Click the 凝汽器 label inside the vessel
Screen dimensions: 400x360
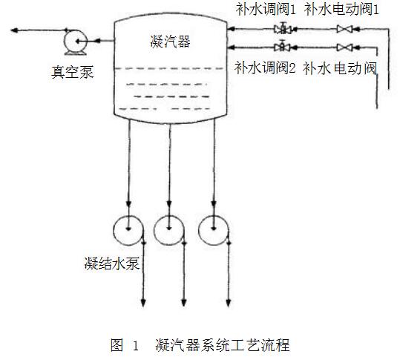coord(171,42)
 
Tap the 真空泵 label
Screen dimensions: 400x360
coord(73,72)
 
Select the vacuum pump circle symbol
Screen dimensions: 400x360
coord(76,41)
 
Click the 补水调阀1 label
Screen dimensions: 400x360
coord(266,10)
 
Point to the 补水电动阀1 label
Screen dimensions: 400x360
coord(341,10)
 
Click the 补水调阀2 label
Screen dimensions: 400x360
coord(266,68)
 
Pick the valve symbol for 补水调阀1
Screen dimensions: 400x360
coord(283,28)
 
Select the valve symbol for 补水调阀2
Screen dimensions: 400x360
coord(282,46)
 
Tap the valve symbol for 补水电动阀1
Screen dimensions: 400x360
coord(344,29)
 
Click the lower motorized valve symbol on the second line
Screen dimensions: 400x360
coord(344,48)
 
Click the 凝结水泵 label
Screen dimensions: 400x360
coord(112,264)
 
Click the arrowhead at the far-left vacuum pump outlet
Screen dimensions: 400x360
coord(14,30)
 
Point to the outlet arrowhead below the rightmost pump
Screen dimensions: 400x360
coord(229,303)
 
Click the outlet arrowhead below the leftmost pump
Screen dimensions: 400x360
coord(143,303)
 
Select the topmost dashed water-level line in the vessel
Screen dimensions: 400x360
coord(169,68)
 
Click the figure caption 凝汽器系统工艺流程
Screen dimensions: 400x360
coord(223,345)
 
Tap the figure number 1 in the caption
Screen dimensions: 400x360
coord(136,346)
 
